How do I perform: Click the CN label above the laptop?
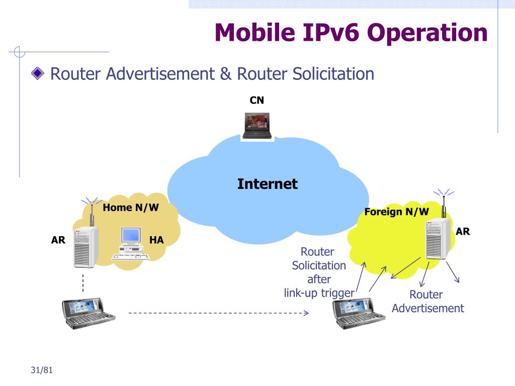[256, 101]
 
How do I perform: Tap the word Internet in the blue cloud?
[267, 184]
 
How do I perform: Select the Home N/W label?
[131, 208]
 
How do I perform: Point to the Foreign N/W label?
[397, 212]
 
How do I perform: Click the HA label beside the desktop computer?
[156, 240]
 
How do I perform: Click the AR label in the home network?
[58, 240]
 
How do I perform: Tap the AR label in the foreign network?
[463, 231]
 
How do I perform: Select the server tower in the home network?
[85, 246]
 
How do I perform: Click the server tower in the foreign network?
[438, 239]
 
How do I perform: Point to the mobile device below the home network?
[88, 313]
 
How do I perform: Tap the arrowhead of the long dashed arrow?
[305, 313]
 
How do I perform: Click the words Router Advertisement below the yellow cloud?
[427, 302]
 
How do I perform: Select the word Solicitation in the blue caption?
[319, 265]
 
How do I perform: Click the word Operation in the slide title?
[427, 33]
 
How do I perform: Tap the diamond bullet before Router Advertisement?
[37, 74]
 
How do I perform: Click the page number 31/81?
[41, 370]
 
